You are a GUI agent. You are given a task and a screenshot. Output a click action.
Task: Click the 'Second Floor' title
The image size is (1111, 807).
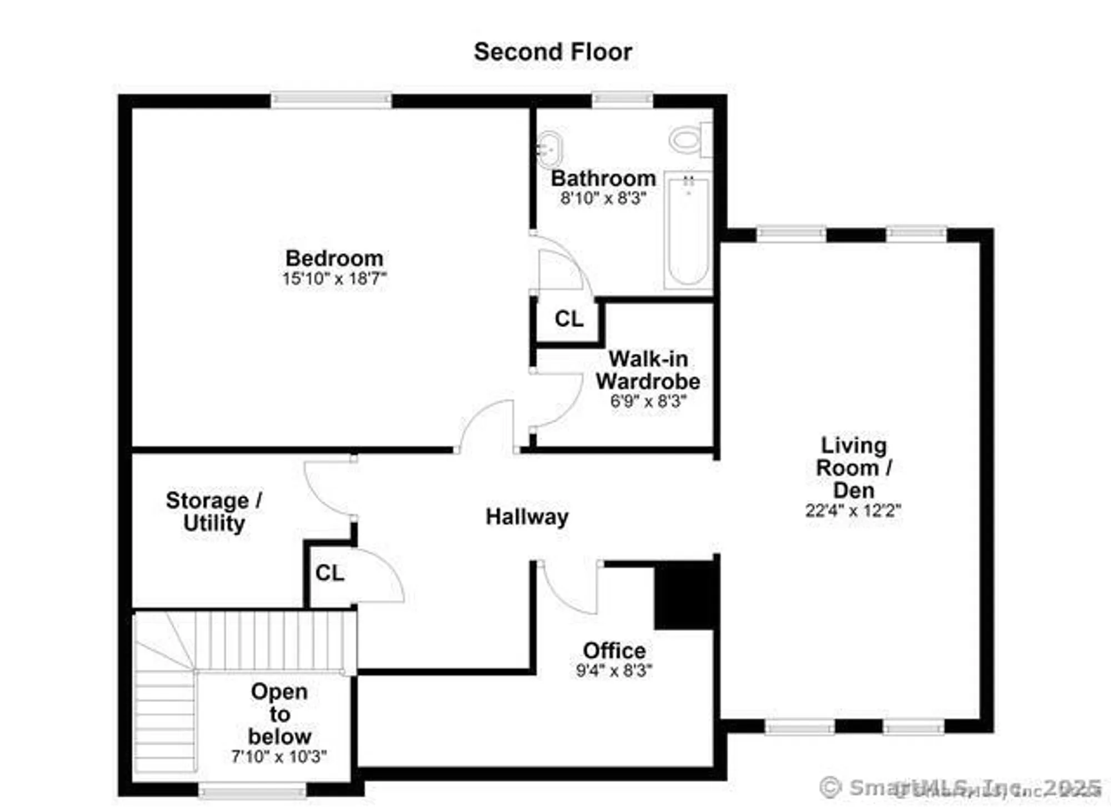point(553,52)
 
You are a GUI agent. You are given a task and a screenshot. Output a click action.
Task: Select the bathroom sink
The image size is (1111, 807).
point(549,149)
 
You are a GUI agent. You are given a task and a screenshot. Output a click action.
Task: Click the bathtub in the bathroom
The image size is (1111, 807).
point(688,230)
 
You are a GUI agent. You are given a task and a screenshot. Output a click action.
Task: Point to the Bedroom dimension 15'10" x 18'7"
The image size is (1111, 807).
point(334,278)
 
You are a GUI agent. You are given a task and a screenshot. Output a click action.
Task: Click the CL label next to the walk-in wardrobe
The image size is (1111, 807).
point(569,319)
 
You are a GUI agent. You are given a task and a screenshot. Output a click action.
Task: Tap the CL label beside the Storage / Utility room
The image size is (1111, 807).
point(329,573)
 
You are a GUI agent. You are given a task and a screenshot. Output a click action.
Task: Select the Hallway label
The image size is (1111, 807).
point(527,517)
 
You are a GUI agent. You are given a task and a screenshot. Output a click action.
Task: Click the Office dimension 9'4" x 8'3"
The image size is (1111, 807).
point(614,671)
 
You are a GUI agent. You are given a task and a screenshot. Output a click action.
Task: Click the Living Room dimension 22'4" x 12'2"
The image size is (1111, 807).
point(853,510)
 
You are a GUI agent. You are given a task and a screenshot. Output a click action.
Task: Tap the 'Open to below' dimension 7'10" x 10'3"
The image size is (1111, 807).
point(279,756)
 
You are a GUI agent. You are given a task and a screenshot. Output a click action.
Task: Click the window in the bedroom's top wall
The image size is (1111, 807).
point(331,100)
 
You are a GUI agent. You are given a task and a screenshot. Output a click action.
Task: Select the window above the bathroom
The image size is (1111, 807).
point(622,100)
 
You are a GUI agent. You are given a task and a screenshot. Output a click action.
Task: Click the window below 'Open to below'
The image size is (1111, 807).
point(252,790)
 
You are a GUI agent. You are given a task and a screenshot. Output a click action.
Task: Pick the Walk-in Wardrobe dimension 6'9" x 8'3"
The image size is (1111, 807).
point(648,401)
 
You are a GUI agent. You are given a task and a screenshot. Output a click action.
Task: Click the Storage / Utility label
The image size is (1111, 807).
point(214,512)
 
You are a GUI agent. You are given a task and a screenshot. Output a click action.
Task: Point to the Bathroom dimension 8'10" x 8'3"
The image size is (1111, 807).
point(603,198)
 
